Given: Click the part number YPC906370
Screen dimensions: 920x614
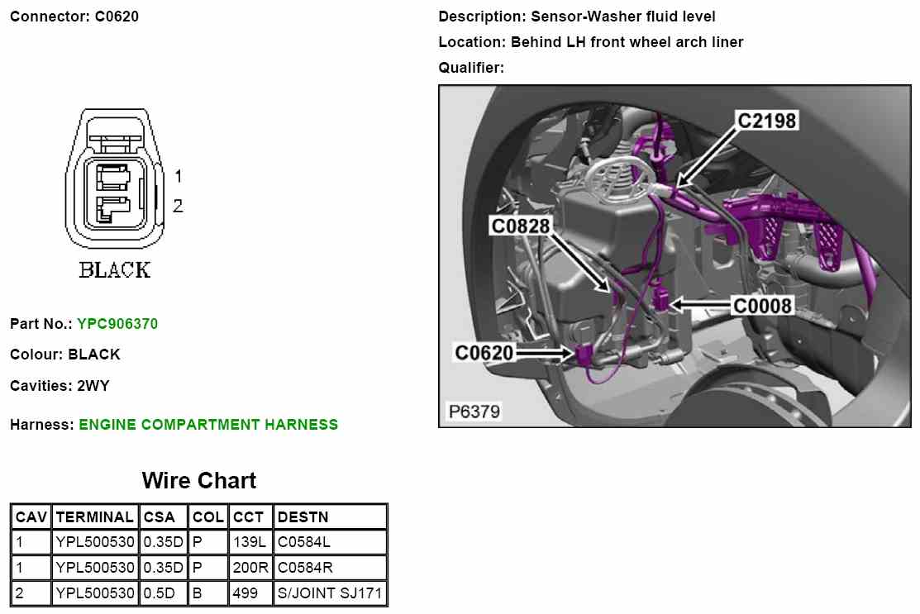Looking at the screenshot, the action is point(117,324).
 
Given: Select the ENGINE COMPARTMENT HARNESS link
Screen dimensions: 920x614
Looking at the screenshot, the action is point(208,425).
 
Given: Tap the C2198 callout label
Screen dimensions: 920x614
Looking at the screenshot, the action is point(767,121).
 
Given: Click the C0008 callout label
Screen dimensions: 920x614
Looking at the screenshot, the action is point(763,306).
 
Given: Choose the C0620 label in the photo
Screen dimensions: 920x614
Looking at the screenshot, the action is point(484,353).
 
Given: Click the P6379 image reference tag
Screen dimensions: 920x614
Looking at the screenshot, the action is point(474,411).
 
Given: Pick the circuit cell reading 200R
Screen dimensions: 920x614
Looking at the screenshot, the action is point(250,568).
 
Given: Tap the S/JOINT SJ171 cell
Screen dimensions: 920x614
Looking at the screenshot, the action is point(330,593).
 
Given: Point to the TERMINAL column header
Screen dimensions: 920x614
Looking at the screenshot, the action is point(94,517).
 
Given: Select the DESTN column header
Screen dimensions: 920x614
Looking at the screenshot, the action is point(303,517).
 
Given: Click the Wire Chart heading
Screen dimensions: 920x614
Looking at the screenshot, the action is point(199,480).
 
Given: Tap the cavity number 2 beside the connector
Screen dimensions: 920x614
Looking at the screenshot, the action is point(178,206).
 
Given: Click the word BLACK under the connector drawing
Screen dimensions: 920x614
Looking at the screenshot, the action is point(115,269).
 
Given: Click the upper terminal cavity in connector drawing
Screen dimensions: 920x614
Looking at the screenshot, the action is point(112,177).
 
